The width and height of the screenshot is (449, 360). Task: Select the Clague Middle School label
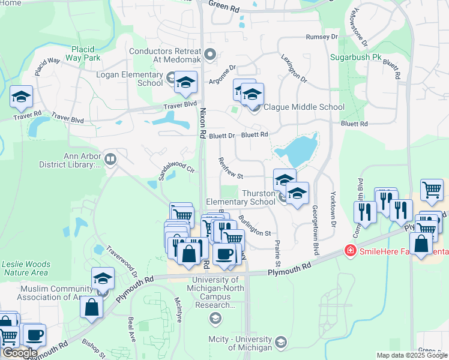tap(304, 107)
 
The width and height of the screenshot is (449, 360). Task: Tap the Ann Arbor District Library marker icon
tap(110, 159)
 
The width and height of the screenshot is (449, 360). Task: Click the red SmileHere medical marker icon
tap(349, 250)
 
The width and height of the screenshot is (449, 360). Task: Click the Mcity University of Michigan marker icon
tap(280, 343)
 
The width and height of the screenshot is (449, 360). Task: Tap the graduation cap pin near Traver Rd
tap(21, 97)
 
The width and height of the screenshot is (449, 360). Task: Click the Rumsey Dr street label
tap(322, 37)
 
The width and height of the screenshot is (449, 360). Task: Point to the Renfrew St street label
tap(231, 168)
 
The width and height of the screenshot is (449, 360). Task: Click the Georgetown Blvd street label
tap(315, 223)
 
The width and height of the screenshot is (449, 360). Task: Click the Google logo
tap(20, 353)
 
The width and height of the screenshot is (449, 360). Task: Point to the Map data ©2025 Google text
tap(412, 355)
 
